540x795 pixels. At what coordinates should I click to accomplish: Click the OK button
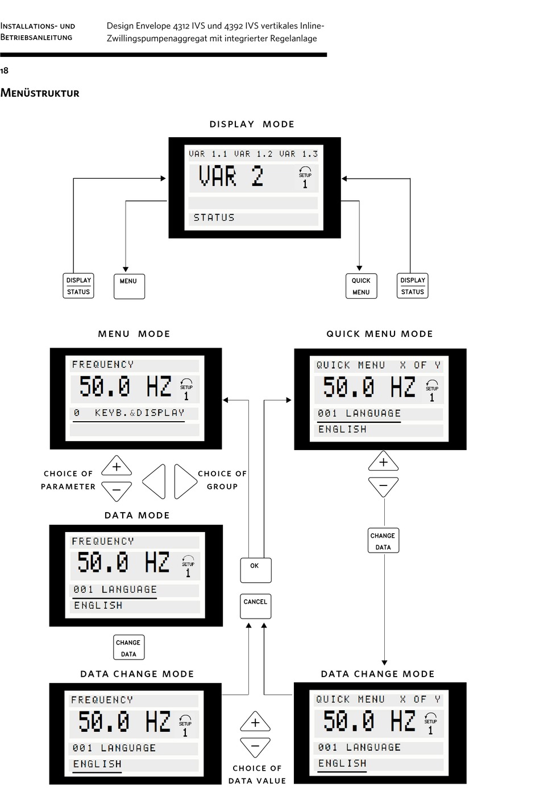255,570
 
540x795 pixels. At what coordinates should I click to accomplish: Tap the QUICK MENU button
361,286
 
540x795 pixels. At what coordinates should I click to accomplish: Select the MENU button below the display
129,286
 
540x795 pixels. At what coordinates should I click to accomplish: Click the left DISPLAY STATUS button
78,286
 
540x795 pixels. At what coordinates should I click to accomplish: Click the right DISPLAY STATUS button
413,286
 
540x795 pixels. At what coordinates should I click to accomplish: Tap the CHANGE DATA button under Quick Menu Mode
383,541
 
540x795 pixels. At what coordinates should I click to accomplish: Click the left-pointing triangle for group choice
155,481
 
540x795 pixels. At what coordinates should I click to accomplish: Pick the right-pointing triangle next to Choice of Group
185,481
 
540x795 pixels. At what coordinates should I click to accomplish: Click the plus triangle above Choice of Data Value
255,722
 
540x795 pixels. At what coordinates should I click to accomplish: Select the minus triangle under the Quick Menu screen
383,487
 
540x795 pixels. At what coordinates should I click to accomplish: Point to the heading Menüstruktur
40,93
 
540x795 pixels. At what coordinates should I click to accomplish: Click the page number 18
5,71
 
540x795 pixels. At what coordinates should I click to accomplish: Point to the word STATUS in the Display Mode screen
214,218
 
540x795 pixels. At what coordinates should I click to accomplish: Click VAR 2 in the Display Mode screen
231,176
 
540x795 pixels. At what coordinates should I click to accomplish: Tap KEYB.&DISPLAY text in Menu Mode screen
139,413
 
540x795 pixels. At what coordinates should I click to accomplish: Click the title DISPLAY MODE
252,124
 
